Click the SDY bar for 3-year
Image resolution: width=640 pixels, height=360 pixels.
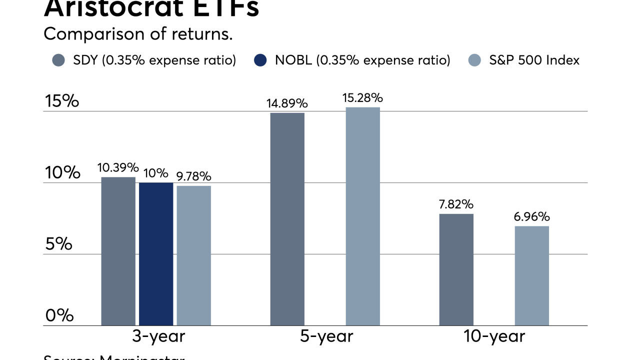point(118,251)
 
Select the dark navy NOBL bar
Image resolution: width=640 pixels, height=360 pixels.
point(156,254)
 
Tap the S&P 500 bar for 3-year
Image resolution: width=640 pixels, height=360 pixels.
point(193,255)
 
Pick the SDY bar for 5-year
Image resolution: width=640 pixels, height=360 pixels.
point(287,219)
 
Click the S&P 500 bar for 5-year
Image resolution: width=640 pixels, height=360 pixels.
point(362,216)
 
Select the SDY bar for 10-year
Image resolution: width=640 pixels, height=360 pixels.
point(456,270)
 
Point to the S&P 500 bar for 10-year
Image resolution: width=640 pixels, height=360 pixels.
point(532,276)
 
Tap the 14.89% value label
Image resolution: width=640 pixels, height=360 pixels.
point(287,103)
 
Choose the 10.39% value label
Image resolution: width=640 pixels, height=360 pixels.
point(118,167)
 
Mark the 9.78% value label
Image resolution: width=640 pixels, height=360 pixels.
point(193,176)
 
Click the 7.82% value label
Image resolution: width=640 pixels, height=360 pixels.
point(456,204)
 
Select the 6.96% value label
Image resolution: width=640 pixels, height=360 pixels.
point(532,217)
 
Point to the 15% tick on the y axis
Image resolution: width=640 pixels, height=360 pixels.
point(62,101)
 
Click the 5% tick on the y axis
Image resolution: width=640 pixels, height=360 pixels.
point(58,244)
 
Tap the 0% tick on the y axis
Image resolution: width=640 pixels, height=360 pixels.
point(59,316)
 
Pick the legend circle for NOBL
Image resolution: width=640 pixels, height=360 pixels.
point(261,60)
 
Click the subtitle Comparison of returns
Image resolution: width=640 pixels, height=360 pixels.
point(138,34)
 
